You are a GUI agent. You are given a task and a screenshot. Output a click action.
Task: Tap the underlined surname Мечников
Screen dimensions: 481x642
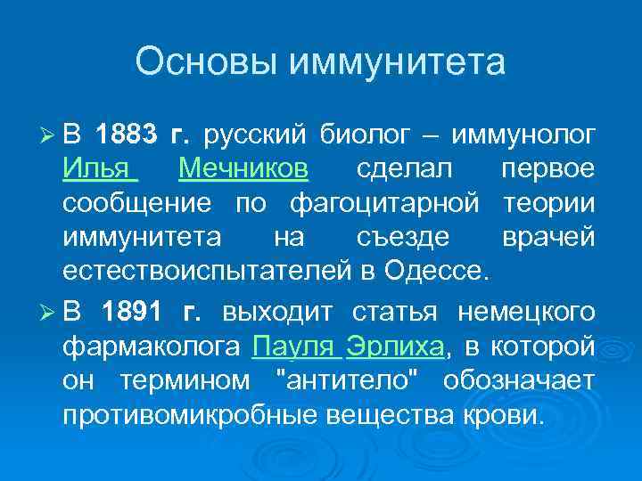coord(243,169)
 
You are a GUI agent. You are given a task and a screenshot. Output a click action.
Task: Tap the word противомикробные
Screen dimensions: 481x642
coord(191,415)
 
